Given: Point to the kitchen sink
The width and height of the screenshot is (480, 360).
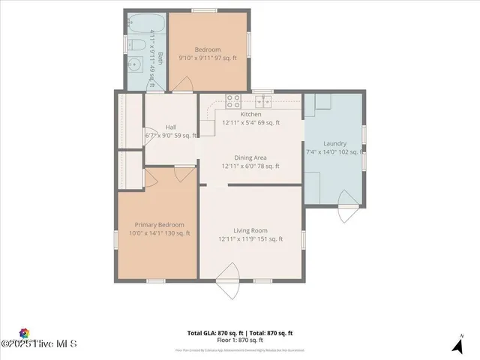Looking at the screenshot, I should tap(262, 100).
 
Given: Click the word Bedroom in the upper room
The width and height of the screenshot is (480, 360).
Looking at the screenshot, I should tap(208, 49).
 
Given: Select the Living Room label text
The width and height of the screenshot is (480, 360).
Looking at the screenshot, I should tap(250, 230).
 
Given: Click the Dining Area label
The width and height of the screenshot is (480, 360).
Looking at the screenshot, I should tap(250, 157).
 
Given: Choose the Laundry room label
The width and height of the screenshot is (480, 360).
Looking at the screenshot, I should tap(334, 143).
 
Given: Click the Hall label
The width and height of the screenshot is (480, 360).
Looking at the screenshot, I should tap(171, 127).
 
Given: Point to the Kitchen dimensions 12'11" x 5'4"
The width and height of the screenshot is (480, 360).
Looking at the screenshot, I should tap(250, 122).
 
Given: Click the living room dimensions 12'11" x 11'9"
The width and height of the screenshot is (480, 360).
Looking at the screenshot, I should tap(250, 239).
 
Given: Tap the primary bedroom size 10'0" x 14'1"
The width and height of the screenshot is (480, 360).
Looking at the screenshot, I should tap(159, 233).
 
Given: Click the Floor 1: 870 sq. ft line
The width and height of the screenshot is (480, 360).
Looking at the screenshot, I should tap(240, 340).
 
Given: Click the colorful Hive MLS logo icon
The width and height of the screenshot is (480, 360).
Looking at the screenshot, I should tap(24, 334).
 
